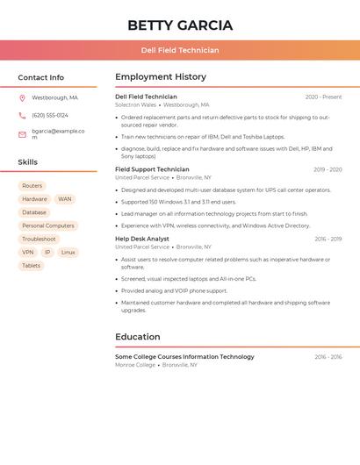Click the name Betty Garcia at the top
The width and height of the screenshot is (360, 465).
click(180, 25)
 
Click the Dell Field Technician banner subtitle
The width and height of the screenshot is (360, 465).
click(180, 50)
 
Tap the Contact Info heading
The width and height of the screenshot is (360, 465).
click(41, 77)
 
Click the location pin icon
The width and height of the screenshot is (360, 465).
click(22, 97)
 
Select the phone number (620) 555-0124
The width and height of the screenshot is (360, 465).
click(50, 115)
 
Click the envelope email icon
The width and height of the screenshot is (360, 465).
click(22, 134)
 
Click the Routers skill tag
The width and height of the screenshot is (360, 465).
click(32, 186)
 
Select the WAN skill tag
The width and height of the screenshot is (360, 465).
click(65, 199)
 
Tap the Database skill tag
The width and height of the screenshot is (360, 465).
click(34, 212)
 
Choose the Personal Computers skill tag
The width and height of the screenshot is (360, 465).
click(48, 225)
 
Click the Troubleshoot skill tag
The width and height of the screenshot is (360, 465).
click(39, 239)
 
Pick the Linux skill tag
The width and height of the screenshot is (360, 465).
click(68, 252)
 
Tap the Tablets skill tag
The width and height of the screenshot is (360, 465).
click(31, 265)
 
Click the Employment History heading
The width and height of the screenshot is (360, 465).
click(161, 77)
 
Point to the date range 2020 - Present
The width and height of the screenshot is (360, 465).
click(323, 97)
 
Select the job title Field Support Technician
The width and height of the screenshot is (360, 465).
click(152, 169)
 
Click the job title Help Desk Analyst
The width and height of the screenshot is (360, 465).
click(142, 239)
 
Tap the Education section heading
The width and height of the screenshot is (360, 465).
click(138, 337)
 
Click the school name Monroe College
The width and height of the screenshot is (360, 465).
click(135, 365)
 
